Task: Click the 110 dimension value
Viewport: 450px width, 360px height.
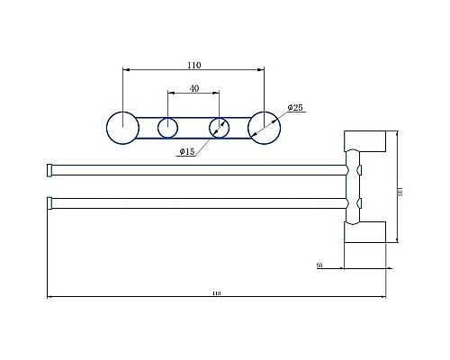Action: (193, 65)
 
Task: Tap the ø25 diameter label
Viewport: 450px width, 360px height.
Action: (296, 107)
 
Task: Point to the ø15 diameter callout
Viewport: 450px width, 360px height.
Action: (187, 151)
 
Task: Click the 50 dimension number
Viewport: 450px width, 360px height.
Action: (321, 265)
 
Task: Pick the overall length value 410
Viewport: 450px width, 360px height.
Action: (216, 292)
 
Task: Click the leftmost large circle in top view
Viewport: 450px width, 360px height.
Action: (121, 127)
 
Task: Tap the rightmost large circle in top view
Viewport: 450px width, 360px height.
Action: (264, 127)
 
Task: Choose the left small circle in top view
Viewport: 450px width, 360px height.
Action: (167, 128)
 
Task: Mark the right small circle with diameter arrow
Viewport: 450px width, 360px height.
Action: (219, 128)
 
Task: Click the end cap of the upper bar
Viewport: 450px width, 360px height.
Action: (50, 169)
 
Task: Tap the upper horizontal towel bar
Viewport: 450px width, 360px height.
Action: (198, 169)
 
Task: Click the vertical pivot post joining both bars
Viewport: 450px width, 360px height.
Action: (351, 186)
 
